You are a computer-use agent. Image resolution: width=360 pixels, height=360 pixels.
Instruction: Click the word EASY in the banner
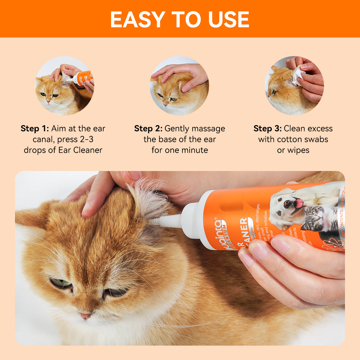click(137, 19)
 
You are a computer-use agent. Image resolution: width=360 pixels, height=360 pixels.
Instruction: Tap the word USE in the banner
click(229, 19)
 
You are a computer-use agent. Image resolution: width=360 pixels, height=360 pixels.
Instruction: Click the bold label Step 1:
click(34, 129)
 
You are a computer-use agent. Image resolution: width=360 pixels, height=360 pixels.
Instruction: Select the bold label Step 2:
click(148, 129)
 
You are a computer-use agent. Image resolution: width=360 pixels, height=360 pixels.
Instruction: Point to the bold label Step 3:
click(267, 129)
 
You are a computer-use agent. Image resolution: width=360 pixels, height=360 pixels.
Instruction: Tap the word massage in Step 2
click(210, 129)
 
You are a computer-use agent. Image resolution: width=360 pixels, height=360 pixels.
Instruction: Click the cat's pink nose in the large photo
click(85, 316)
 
